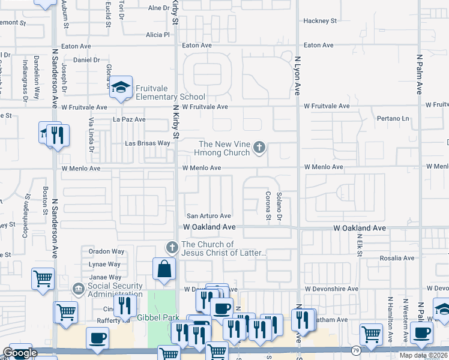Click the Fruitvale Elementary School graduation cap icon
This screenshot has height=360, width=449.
pyautogui.click(x=121, y=86)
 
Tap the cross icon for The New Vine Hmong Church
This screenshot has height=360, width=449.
pyautogui.click(x=259, y=147)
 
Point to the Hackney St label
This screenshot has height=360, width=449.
pyautogui.click(x=320, y=20)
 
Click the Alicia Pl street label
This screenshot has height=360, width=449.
pyautogui.click(x=158, y=35)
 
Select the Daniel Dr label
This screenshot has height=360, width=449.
pyautogui.click(x=86, y=60)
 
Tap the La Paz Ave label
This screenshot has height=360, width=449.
pyautogui.click(x=129, y=119)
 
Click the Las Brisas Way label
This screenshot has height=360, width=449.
pyautogui.click(x=147, y=143)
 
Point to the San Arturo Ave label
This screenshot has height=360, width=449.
pyautogui.click(x=208, y=216)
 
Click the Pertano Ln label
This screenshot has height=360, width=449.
pyautogui.click(x=393, y=119)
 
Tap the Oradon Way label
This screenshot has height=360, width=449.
pyautogui.click(x=106, y=251)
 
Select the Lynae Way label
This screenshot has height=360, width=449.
pyautogui.click(x=104, y=264)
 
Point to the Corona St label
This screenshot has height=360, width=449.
pyautogui.click(x=268, y=205)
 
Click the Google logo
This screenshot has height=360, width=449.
pyautogui.click(x=20, y=353)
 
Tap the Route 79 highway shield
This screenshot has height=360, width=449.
pyautogui.click(x=356, y=350)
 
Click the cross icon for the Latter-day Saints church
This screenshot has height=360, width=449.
pyautogui.click(x=172, y=247)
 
